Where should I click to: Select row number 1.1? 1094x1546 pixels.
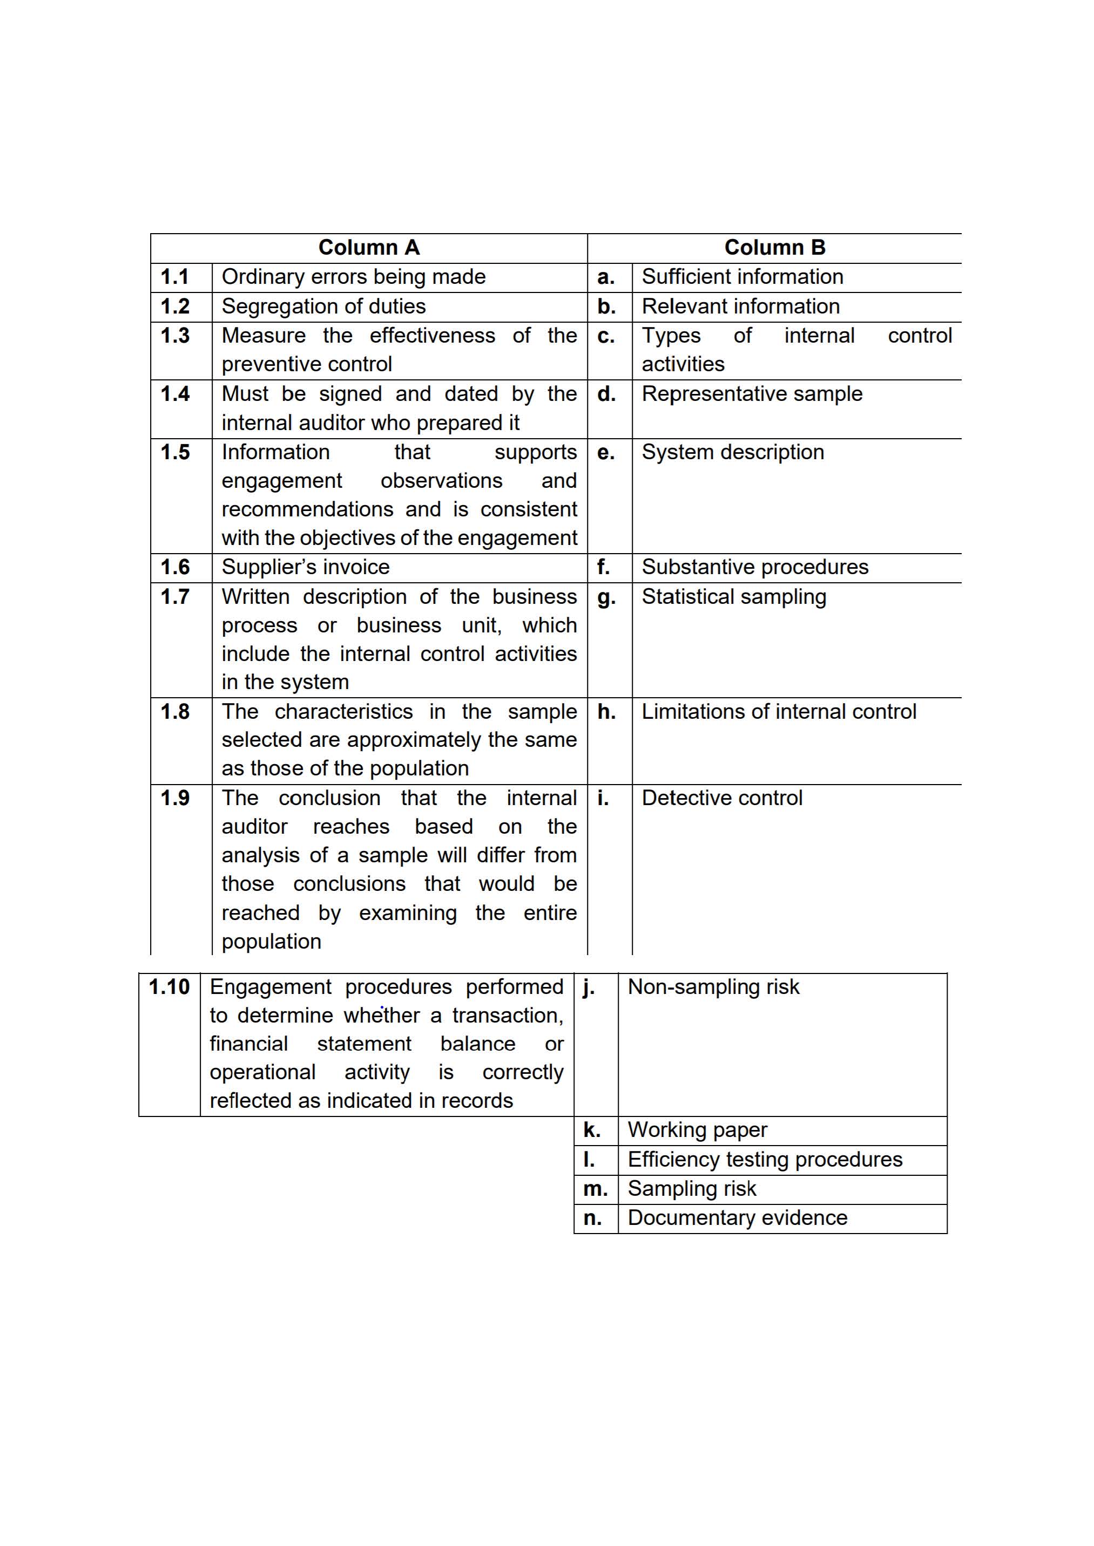174,277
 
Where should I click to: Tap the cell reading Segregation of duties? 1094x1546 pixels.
323,307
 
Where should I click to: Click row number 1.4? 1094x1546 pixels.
174,394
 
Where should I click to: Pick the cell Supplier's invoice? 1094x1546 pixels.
305,567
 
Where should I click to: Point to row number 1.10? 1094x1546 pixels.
169,987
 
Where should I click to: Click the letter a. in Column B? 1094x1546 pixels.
606,277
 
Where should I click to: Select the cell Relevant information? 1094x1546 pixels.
740,307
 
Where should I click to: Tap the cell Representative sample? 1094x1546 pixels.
752,394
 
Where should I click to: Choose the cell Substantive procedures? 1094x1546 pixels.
754,567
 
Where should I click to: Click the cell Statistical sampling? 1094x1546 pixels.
734,597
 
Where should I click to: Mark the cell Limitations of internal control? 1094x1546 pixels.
778,712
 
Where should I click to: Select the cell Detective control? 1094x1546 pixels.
721,798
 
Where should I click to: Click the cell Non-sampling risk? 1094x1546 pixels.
713,987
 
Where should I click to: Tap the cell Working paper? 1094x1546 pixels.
697,1130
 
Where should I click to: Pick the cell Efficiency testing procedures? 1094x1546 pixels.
765,1160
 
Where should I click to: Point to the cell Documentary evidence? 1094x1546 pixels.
737,1218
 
